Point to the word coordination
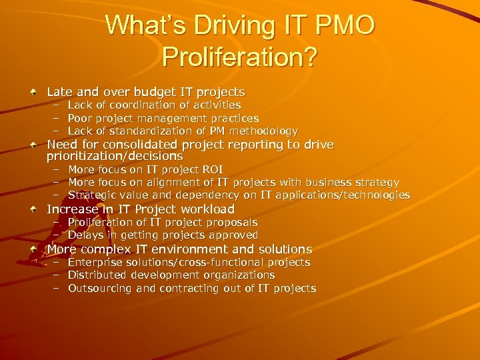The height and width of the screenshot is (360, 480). (135, 105)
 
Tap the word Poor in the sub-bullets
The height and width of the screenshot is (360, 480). (80, 118)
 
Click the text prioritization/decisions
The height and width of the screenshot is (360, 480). (114, 156)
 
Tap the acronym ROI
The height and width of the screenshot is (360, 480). (211, 170)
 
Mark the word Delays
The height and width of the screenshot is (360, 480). (84, 235)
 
